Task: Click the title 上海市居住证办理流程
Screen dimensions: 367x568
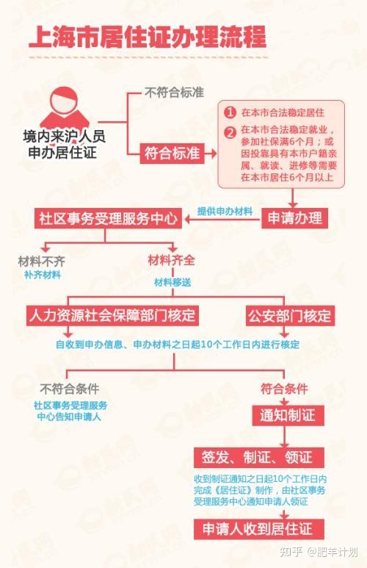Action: tap(148, 36)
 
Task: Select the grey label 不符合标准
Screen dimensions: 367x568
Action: tap(174, 93)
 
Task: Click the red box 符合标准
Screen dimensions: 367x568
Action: tap(172, 154)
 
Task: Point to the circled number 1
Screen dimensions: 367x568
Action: tap(230, 112)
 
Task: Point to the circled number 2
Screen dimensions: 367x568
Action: tap(230, 132)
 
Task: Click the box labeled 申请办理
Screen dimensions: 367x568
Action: tap(294, 218)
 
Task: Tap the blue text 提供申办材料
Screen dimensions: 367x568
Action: tap(225, 211)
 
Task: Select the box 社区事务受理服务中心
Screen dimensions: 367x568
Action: tap(108, 218)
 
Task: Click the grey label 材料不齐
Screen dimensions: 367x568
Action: tap(42, 261)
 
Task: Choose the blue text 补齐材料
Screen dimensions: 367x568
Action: tap(43, 275)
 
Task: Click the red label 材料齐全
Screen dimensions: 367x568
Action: tap(172, 260)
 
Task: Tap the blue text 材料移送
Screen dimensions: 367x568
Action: tap(172, 283)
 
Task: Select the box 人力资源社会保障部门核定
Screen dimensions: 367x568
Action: tap(112, 315)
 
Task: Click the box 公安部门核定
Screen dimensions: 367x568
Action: tap(290, 315)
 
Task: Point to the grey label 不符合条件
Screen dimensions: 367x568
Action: tap(70, 389)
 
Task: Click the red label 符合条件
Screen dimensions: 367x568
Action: tap(285, 389)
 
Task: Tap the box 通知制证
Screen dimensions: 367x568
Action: tap(288, 415)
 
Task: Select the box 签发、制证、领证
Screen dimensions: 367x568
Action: tap(259, 457)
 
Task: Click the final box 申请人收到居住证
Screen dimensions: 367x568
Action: tap(259, 529)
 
